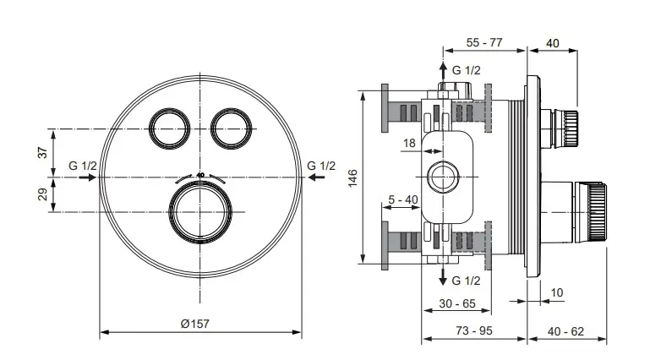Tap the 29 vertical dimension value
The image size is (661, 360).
pos(40,194)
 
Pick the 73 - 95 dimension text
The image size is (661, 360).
pos(474,330)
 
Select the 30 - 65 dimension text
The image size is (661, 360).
pos(456,303)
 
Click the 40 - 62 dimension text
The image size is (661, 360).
pos(566,330)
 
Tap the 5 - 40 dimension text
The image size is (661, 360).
pos(403,199)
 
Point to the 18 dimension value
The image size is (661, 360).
pos(409,144)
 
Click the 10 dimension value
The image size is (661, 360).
pos(556,292)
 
